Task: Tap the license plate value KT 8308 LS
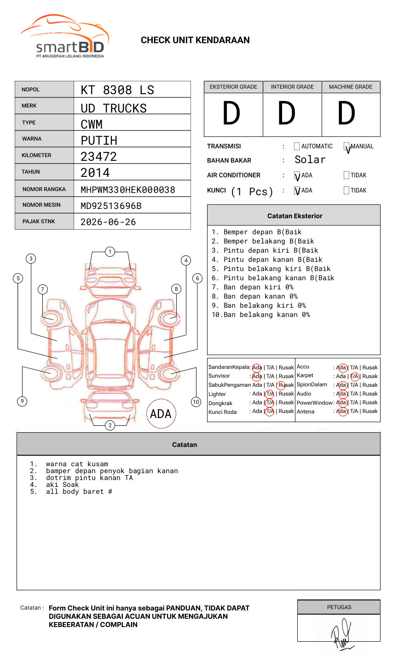tap(117, 90)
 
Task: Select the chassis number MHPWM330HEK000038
tap(127, 190)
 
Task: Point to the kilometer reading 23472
tap(98, 157)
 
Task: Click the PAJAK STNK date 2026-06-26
tap(108, 222)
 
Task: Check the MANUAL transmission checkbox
tap(346, 147)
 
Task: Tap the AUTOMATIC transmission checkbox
tap(297, 147)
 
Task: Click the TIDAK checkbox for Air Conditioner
tap(346, 175)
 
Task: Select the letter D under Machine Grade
tap(346, 113)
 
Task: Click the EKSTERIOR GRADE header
tap(233, 87)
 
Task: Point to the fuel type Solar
tap(310, 160)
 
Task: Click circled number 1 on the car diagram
tap(110, 251)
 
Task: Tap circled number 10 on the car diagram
tap(196, 402)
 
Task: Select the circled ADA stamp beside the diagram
tap(161, 414)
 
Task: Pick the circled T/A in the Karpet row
tap(354, 376)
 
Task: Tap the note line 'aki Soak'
tap(62, 485)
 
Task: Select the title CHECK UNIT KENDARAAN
tap(195, 40)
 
